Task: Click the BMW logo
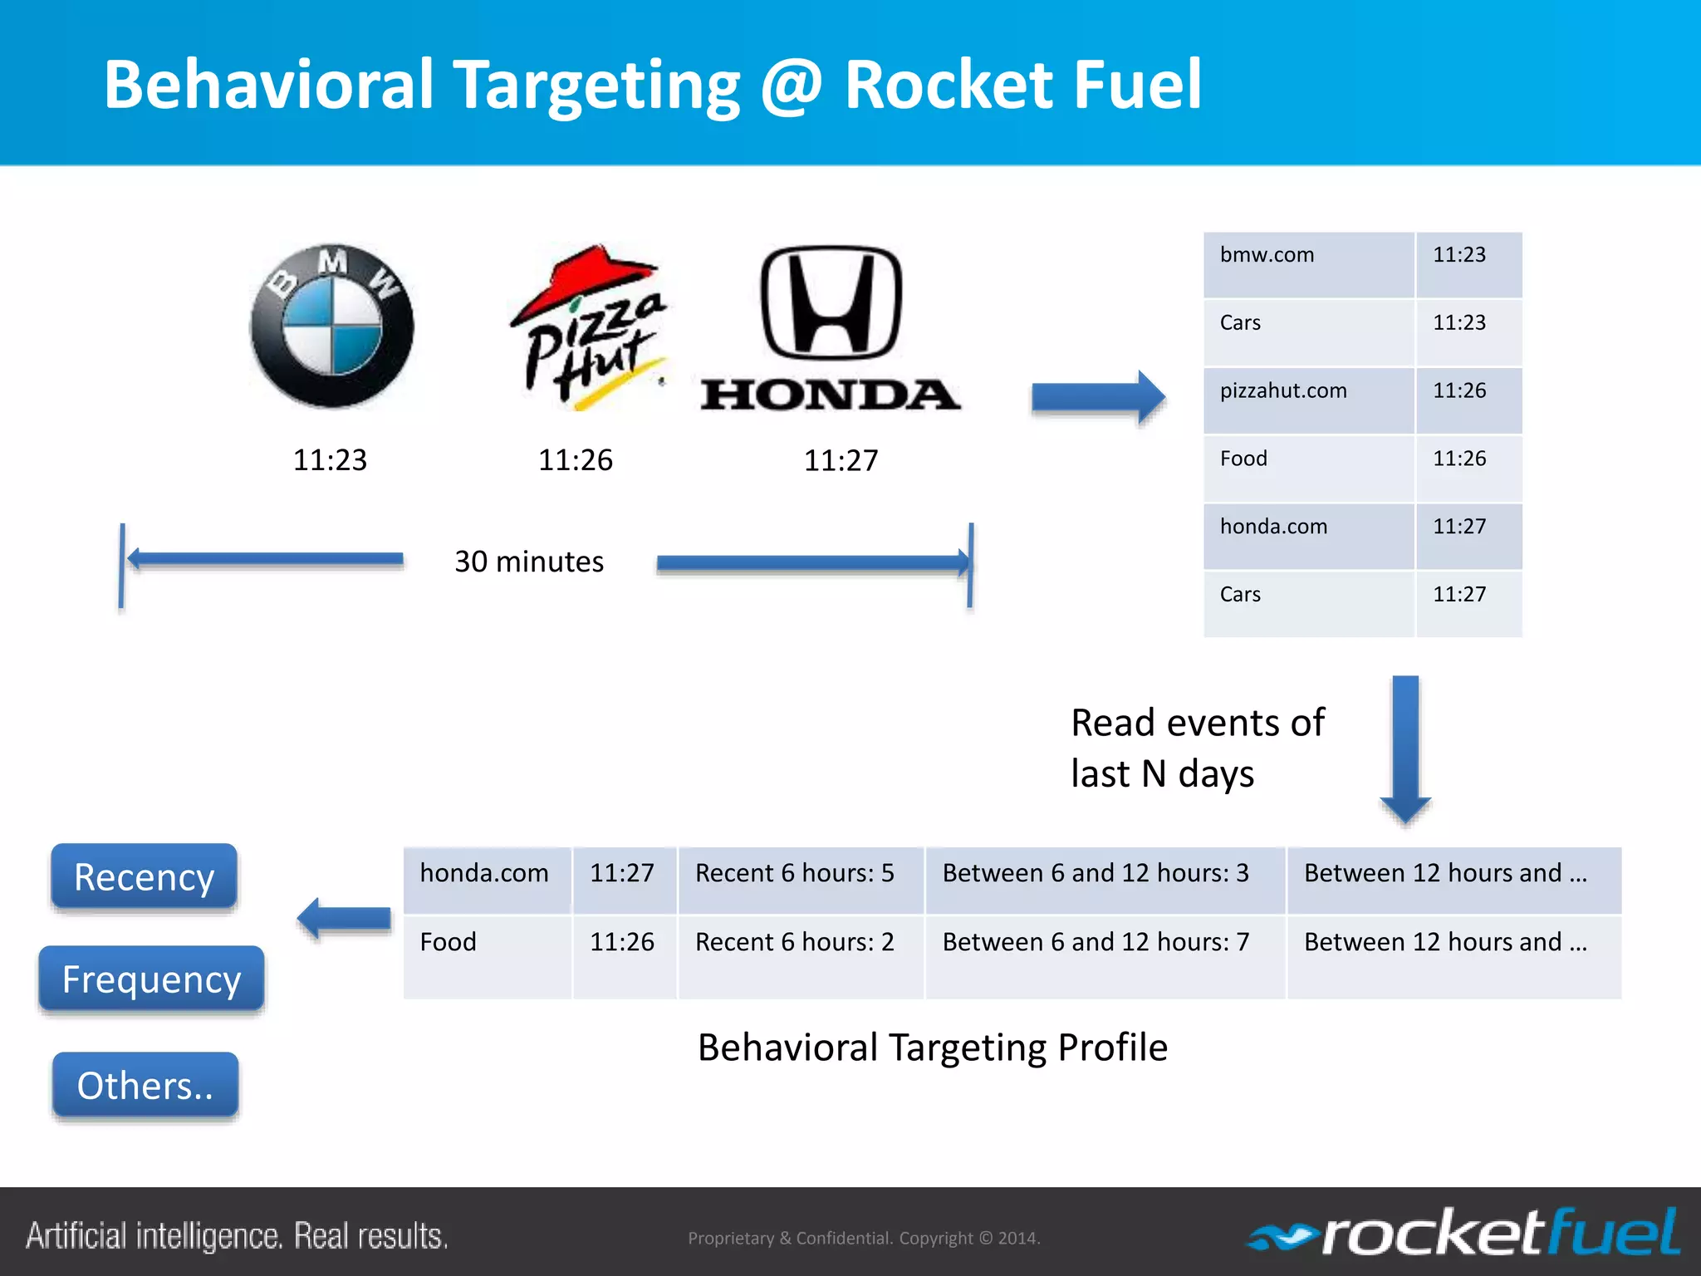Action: click(x=332, y=326)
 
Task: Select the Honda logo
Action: click(x=831, y=329)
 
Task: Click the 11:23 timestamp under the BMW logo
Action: click(x=330, y=460)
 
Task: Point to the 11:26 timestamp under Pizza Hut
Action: click(x=576, y=460)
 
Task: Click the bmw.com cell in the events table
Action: click(x=1308, y=264)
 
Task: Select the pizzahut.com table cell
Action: click(x=1308, y=400)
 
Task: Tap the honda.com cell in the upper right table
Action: click(x=1308, y=536)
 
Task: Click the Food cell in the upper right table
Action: click(x=1308, y=468)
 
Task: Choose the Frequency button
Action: click(x=151, y=979)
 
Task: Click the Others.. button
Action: click(x=145, y=1085)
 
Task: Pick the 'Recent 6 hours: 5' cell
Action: click(x=801, y=880)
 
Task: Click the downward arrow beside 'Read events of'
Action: click(x=1405, y=748)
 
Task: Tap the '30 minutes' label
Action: click(x=529, y=562)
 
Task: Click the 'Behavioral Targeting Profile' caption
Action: click(x=933, y=1048)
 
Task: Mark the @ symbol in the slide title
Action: click(x=792, y=85)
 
